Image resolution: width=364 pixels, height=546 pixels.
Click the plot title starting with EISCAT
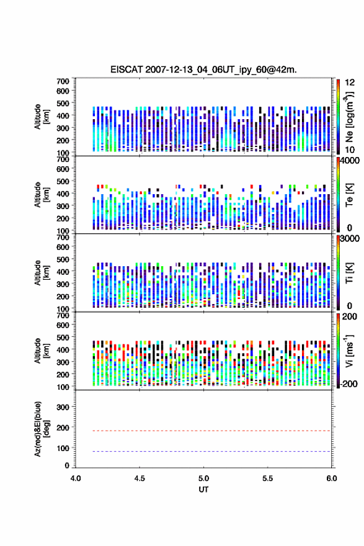click(203, 69)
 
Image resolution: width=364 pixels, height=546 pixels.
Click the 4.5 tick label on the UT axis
click(140, 478)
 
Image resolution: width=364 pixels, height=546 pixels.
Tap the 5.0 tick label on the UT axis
click(203, 478)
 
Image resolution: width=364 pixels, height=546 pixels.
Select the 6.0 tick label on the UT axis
click(332, 478)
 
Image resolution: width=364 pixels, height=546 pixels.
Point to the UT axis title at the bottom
click(203, 490)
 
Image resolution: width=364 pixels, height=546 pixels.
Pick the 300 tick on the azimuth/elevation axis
click(63, 407)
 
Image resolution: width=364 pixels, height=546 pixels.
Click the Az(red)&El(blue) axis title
click(42, 429)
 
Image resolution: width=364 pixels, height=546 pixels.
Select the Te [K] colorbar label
click(349, 195)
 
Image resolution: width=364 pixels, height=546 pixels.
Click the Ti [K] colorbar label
click(349, 273)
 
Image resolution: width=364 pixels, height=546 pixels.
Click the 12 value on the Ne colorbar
click(350, 83)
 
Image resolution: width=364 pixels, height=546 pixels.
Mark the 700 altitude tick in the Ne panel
click(63, 81)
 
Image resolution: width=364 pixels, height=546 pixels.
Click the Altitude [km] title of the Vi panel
click(42, 351)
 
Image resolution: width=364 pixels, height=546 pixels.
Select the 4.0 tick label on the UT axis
click(76, 478)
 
